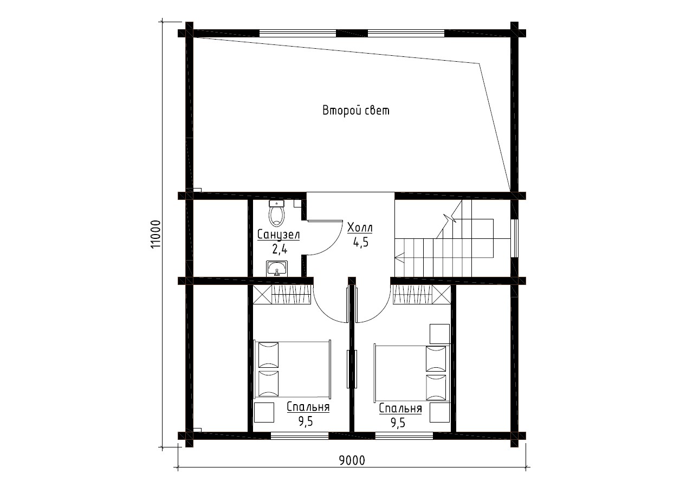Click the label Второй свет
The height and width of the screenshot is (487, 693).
click(x=356, y=111)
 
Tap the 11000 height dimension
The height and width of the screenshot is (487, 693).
click(x=156, y=234)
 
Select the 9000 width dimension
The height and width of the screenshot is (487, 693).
click(x=352, y=460)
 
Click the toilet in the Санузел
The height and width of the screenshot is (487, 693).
click(x=276, y=213)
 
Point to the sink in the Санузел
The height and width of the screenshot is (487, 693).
click(x=277, y=269)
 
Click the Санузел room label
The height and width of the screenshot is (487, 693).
click(x=279, y=235)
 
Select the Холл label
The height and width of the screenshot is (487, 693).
click(x=360, y=228)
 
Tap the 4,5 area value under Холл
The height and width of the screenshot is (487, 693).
click(x=361, y=242)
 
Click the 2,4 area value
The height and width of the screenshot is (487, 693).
click(x=280, y=249)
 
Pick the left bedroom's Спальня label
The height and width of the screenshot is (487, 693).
click(x=308, y=407)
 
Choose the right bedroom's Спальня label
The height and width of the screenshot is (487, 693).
click(x=400, y=408)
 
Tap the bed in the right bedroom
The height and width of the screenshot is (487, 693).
click(x=412, y=372)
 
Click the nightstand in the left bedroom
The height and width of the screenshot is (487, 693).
click(x=264, y=412)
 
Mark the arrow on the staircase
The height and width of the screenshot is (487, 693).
click(x=400, y=257)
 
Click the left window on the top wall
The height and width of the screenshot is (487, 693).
click(x=297, y=33)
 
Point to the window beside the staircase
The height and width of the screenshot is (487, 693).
click(x=514, y=238)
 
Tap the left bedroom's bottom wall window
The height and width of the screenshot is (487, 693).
click(x=300, y=436)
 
